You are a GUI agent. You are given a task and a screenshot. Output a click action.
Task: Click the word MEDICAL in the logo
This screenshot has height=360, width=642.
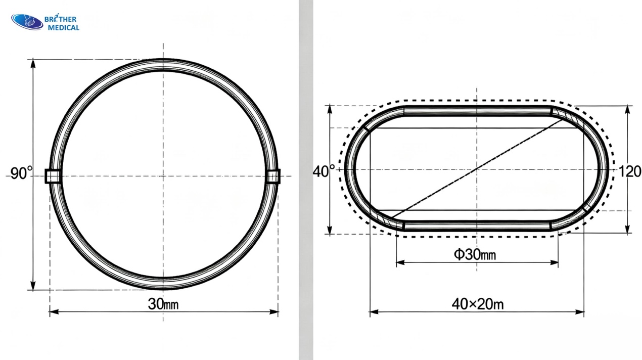[x=63, y=28]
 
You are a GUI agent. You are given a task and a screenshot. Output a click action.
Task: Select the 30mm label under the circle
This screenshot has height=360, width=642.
[x=163, y=304]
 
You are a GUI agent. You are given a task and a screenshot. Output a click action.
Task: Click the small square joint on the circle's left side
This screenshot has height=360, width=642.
[x=53, y=176]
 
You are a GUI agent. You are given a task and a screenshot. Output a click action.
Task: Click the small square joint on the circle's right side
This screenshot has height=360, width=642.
[x=273, y=176]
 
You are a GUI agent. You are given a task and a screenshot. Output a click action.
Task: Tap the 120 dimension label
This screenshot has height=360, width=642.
[x=630, y=171]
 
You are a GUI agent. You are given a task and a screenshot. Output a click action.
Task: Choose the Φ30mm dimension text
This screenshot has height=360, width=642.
[x=475, y=254]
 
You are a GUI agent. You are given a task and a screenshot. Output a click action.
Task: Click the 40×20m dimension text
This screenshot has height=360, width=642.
[x=477, y=304]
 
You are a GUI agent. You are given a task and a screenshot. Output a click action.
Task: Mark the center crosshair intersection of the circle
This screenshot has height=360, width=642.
[x=163, y=176]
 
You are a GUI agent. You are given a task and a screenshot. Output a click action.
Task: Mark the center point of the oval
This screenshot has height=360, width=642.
[x=477, y=169]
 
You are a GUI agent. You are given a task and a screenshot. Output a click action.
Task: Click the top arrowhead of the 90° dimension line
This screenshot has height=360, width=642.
[x=33, y=63]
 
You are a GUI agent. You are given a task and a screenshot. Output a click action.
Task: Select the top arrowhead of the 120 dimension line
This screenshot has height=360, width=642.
[x=627, y=109]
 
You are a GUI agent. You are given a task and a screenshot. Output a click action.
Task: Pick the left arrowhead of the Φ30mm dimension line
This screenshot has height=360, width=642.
[x=400, y=262]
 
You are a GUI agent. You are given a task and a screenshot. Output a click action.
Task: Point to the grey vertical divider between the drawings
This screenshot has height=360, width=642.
[x=306, y=180]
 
